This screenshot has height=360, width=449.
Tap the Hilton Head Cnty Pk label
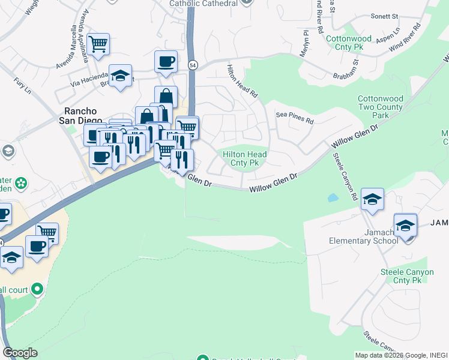pos(244,158)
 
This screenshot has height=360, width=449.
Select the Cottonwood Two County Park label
pos(381,107)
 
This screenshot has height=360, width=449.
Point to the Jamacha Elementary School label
pos(364,236)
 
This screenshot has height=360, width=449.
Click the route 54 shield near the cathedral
pos(193,65)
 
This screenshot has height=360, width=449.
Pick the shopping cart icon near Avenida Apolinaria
pos(98,44)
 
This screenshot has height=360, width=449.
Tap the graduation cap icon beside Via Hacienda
pos(120,76)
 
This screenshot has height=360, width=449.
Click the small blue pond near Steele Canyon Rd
pos(332,197)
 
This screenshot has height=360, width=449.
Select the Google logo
pos(20,353)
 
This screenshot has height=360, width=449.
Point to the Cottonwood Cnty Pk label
pos(349,42)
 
